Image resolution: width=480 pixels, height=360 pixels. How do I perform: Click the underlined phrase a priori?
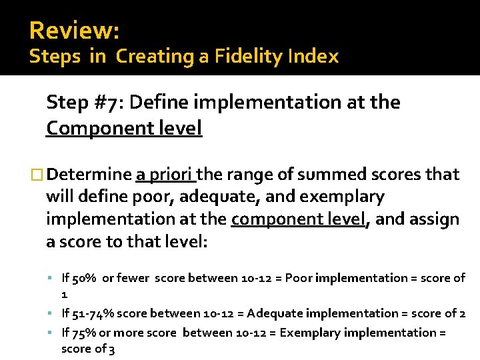coord(164,175)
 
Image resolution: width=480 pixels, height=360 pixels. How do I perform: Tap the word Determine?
coord(89,175)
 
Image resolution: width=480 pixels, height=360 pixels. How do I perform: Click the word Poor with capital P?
coord(298,278)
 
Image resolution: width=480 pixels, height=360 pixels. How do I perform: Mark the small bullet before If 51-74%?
coord(51,313)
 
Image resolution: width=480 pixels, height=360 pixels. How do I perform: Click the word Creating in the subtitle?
coord(155,57)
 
